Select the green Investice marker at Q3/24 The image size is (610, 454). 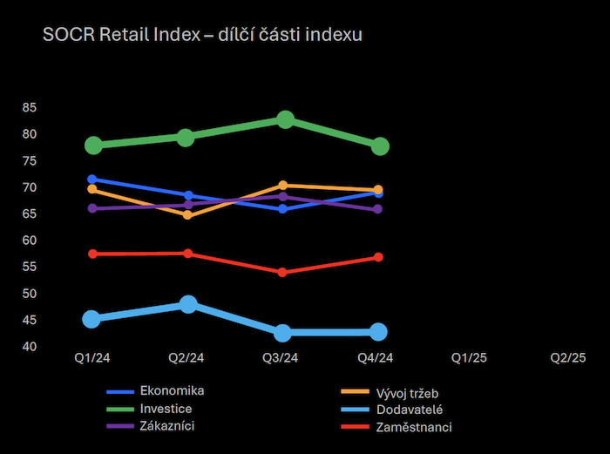pyautogui.click(x=285, y=119)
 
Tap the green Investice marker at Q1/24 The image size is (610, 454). pyautogui.click(x=92, y=145)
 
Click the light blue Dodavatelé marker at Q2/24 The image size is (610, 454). pyautogui.click(x=188, y=304)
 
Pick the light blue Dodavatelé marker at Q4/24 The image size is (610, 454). pyautogui.click(x=378, y=331)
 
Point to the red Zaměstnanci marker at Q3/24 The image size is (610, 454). pyautogui.click(x=282, y=272)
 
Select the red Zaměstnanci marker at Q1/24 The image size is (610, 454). pyautogui.click(x=92, y=254)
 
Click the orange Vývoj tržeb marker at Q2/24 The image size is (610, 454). pyautogui.click(x=187, y=214)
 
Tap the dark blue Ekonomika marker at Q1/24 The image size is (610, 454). pyautogui.click(x=92, y=179)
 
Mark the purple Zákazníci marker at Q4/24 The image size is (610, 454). pyautogui.click(x=378, y=209)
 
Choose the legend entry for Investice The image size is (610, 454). pyautogui.click(x=165, y=408)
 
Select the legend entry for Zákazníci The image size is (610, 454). pyautogui.click(x=166, y=426)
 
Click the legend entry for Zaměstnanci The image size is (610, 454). pyautogui.click(x=414, y=427)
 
